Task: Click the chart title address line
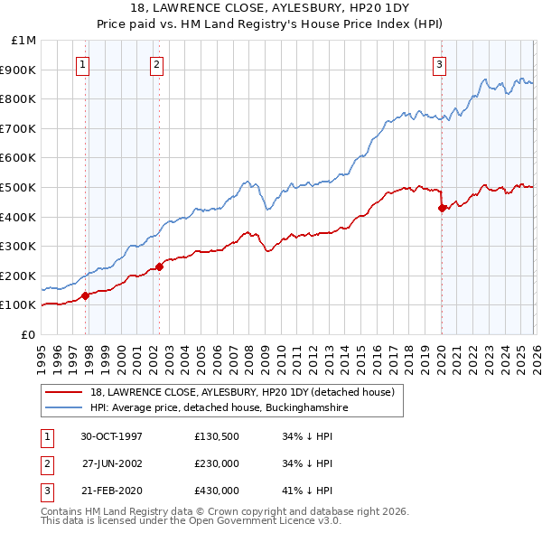coord(270,8)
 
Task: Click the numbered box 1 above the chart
coord(83,64)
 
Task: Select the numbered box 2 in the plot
coord(156,64)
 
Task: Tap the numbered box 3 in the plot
coord(439,64)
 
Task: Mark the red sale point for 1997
coord(86,295)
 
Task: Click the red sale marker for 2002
coord(160,266)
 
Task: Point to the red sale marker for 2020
coord(442,208)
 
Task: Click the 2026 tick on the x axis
coord(535,352)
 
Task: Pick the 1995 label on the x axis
coord(42,352)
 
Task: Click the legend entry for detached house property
coord(242,392)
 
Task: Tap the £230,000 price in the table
coord(217,463)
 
